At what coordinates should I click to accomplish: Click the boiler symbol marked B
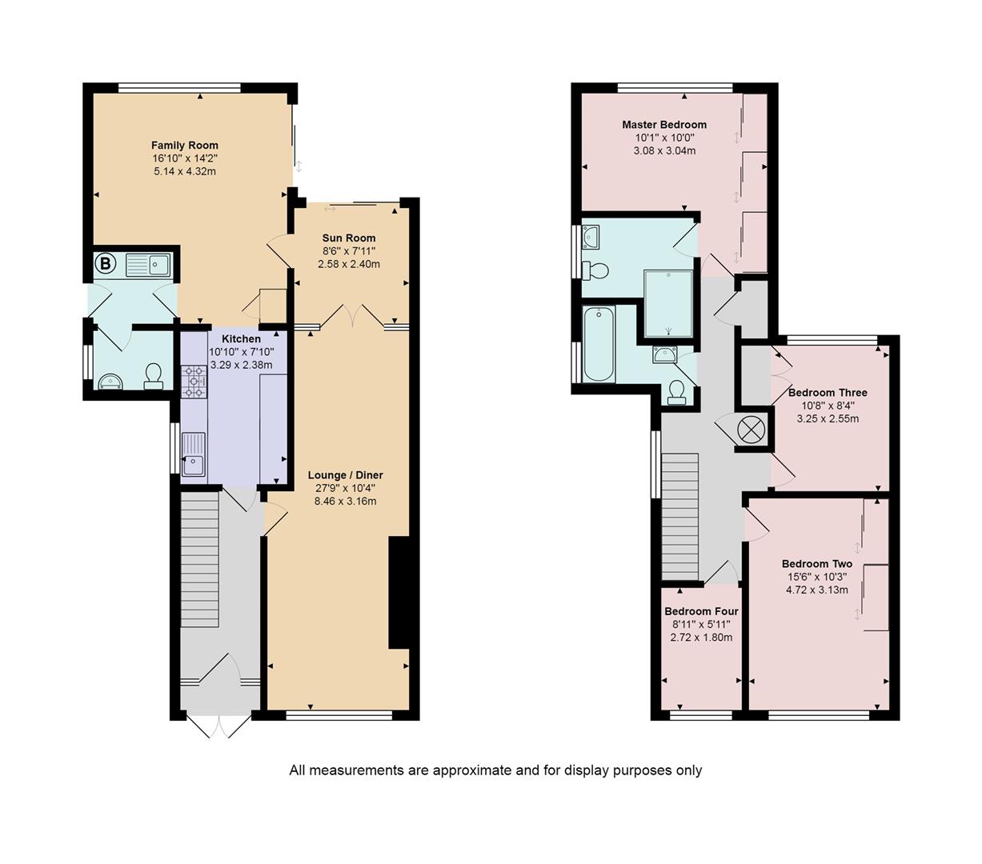coord(105,264)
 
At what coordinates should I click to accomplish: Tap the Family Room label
coord(185,145)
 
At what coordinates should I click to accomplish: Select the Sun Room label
coord(348,238)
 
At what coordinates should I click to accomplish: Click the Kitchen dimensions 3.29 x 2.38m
coord(241,365)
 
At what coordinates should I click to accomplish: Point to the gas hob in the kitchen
coord(194,382)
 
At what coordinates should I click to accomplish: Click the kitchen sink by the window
coord(194,454)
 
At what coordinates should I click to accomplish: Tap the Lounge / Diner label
coord(345,475)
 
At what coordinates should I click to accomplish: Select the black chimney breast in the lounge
coord(399,592)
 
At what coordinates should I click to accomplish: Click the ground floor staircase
coord(199,560)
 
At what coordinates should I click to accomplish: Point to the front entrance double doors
coord(218,726)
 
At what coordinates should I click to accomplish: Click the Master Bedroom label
coord(664,125)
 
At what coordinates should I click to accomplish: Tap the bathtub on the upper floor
coord(599,343)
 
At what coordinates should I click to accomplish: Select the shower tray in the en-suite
coord(668,304)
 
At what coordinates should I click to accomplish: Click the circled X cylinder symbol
coord(751,430)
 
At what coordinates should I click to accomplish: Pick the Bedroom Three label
coord(828,393)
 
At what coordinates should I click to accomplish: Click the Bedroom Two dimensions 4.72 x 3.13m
coord(816,590)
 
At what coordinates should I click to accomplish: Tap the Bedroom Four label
coord(701,611)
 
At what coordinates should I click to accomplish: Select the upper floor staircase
coord(680,517)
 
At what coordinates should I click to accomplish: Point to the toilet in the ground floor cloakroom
coord(153,377)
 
